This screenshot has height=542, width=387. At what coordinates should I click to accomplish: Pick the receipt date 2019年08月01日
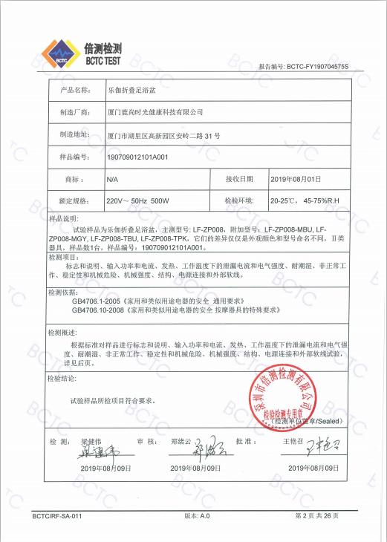coord(296,180)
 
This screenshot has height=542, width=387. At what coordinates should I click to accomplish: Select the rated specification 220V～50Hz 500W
coord(138,201)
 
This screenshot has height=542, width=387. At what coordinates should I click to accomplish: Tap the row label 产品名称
coord(74,89)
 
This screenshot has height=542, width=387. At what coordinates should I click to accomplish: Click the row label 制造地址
coord(74,134)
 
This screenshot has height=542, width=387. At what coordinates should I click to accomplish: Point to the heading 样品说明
coord(63,220)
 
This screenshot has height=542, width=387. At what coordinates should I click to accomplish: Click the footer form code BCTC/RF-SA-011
coord(57,515)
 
